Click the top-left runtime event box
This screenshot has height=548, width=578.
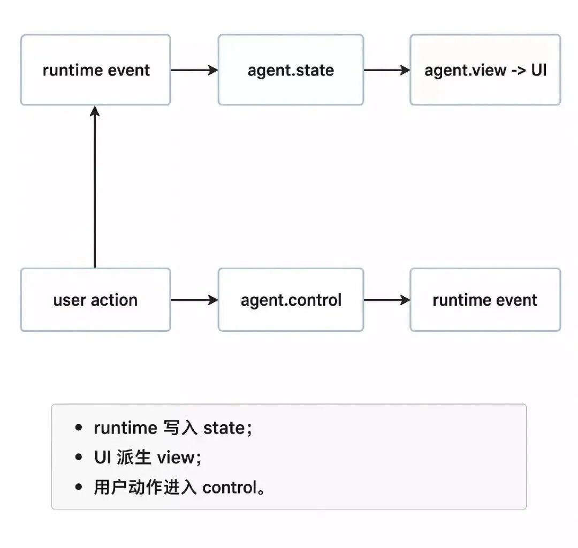coord(95,70)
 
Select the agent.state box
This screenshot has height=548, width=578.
coord(291,70)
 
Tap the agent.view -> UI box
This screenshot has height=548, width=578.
coord(485,70)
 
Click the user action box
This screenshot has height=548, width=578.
coord(95,300)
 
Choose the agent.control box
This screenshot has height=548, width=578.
coord(291,300)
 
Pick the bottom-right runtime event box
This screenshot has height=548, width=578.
coord(485,300)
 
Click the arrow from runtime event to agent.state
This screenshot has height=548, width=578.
coord(194,70)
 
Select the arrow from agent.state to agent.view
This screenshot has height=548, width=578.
coord(387,70)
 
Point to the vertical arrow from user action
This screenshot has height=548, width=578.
coord(95,187)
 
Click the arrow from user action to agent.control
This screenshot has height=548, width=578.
coord(194,300)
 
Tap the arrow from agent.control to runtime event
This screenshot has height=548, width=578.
coord(387,300)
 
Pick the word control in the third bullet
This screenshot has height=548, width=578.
coord(230,488)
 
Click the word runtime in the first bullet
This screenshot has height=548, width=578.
coord(125,428)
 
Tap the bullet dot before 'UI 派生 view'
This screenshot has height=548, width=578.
coord(79,458)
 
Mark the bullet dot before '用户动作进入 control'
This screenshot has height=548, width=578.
coord(79,487)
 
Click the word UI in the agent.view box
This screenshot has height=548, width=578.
coord(538,70)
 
